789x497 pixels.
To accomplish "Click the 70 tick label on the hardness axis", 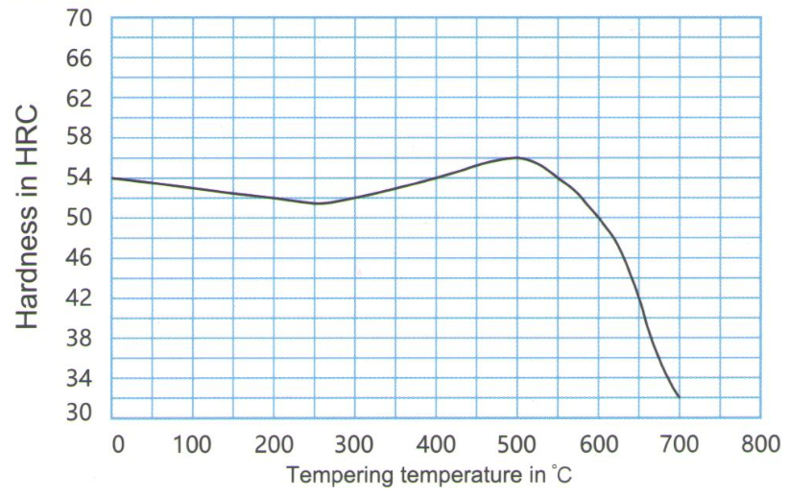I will click(x=79, y=18).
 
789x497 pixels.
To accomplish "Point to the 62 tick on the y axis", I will click(x=79, y=98).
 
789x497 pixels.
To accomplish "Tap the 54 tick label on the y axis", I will click(x=79, y=177).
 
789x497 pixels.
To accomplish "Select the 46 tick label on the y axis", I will click(x=79, y=257).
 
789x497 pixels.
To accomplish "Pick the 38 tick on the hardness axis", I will click(x=79, y=338).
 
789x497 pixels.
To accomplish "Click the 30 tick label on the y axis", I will click(x=79, y=414).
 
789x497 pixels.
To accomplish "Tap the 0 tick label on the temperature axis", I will click(x=117, y=444).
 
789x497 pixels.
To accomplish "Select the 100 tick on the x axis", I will click(x=193, y=444).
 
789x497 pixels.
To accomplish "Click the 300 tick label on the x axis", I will click(x=354, y=444).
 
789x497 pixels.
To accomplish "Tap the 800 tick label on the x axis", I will click(x=759, y=444).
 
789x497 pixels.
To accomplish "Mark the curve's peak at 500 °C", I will click(x=516, y=157).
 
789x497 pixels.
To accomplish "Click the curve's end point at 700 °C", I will click(x=679, y=396).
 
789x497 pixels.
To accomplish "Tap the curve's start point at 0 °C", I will click(x=112, y=177).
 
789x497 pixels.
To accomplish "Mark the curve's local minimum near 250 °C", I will click(x=317, y=203).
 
